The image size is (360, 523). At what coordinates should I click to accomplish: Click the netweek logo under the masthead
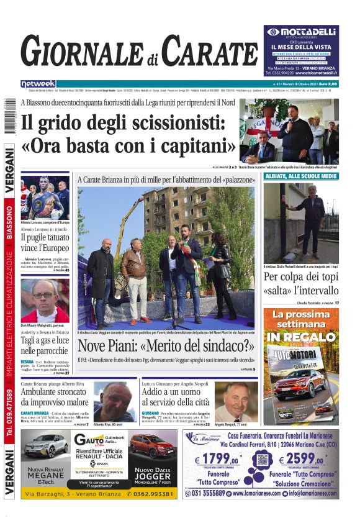38,84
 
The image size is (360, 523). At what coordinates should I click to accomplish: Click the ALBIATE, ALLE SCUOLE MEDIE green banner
301,176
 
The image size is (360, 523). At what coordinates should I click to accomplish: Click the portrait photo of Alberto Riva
115,401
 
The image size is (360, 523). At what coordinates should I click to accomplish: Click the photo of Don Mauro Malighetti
45,300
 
